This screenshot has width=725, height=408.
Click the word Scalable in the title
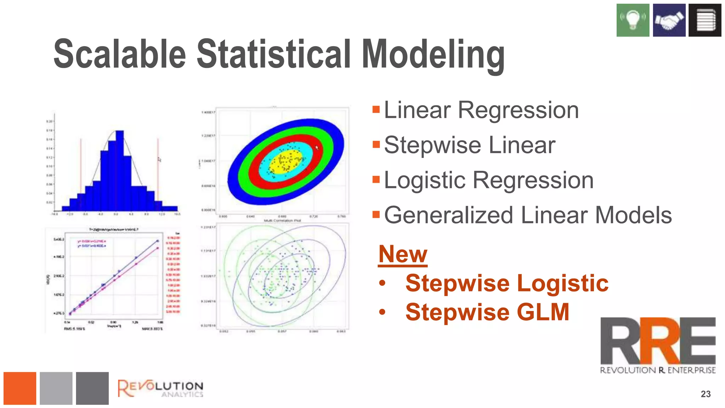point(120,54)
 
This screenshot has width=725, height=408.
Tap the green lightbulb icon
point(633,20)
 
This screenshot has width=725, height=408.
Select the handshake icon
point(669,20)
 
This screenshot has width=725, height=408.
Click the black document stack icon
point(705,20)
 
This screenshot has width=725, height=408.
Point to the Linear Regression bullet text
point(481,110)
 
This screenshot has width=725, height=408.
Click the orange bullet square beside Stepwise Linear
point(376,144)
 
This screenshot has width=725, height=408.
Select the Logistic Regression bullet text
point(489,180)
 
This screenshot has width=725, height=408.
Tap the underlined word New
point(403,254)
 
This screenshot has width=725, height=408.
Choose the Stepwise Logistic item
point(507,283)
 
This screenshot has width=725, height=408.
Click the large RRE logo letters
point(658,341)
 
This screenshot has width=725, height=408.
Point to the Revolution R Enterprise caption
point(658,370)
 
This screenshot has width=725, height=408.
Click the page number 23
point(706,394)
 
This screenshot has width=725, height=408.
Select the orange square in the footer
point(20,388)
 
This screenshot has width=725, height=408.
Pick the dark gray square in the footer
point(92,388)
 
